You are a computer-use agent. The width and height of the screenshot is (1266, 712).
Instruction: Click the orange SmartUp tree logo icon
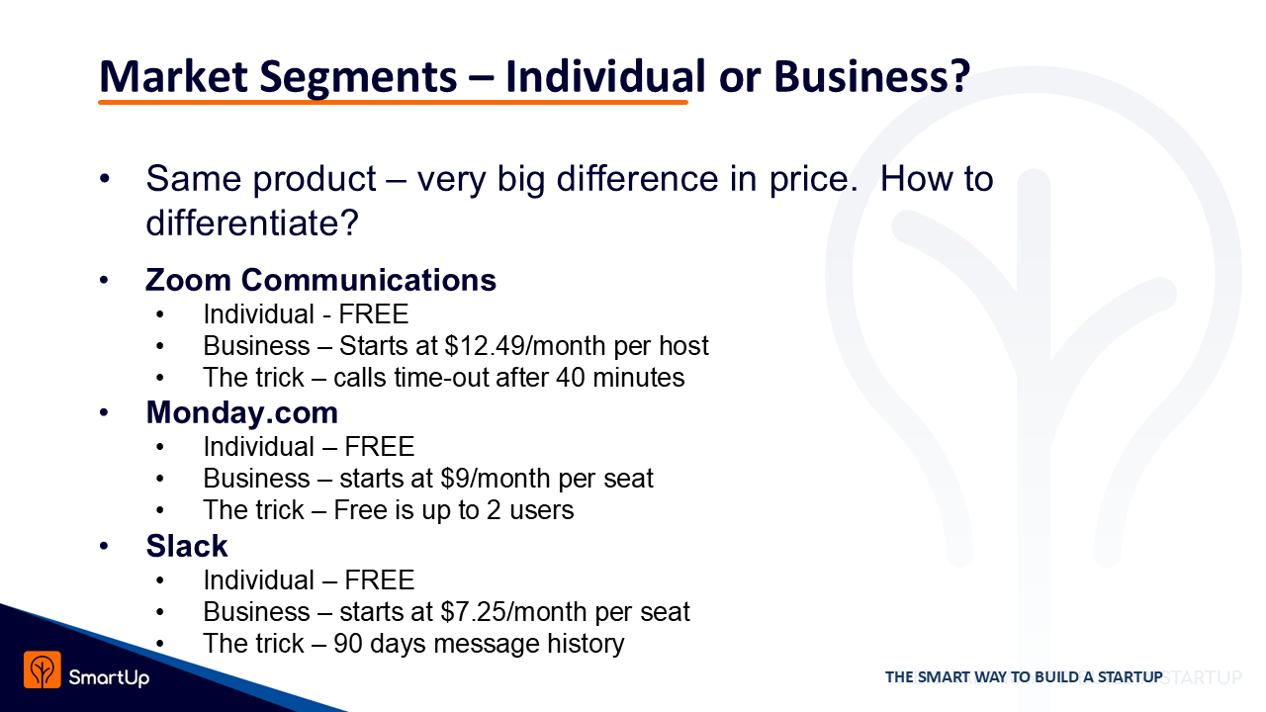[42, 670]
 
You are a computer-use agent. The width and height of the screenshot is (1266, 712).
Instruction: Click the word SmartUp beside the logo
[109, 677]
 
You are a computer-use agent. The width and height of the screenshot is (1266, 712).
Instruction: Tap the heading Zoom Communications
[320, 280]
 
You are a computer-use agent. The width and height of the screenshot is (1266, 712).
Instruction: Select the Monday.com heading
[242, 412]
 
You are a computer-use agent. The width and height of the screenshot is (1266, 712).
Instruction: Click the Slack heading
[187, 546]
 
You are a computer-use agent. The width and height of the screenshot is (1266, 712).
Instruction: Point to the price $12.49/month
[525, 346]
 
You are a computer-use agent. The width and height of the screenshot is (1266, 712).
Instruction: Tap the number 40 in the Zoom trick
[570, 378]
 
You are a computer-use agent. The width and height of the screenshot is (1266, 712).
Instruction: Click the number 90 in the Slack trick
[347, 644]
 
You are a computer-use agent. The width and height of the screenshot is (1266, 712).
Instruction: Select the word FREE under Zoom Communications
[373, 314]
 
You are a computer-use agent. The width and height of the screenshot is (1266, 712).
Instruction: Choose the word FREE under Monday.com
[379, 447]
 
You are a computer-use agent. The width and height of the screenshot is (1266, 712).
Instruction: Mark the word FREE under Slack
[379, 580]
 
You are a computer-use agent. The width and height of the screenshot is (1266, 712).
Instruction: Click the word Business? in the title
[871, 76]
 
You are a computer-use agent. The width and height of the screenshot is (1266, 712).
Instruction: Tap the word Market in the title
[173, 76]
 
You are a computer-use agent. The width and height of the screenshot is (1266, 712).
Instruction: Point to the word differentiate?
[252, 222]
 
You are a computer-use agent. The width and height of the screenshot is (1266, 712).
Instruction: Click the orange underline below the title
[393, 102]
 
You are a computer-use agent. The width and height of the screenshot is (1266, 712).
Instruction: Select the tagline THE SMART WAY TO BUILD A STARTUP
[1024, 677]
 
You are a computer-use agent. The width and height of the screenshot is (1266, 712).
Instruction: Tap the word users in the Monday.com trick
[541, 510]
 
